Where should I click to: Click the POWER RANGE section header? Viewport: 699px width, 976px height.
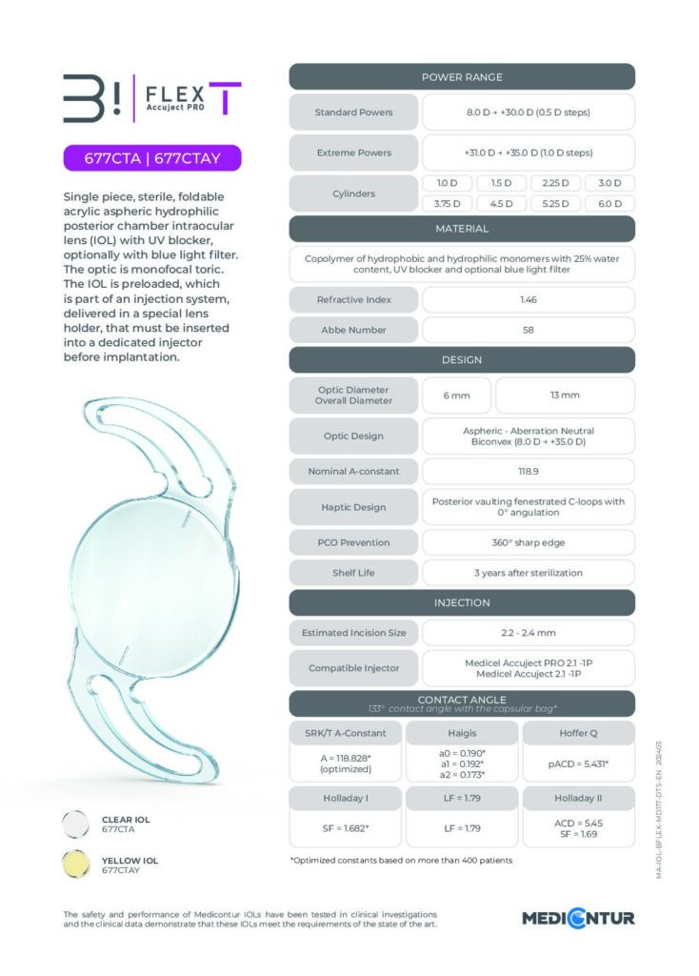462,77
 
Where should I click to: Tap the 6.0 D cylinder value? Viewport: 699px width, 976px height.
609,203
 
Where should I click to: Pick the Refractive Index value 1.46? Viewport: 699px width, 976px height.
528,299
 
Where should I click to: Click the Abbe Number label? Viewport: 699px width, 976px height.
353,330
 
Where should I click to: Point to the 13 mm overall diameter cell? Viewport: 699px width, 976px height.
565,395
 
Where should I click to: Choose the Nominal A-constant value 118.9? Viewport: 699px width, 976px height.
528,471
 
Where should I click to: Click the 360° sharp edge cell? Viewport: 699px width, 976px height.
528,542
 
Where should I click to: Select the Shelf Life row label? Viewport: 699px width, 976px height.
353,573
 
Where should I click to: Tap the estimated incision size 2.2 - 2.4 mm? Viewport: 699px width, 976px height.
528,632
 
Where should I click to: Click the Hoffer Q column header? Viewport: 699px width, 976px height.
578,732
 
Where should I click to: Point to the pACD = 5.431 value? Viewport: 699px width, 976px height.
578,763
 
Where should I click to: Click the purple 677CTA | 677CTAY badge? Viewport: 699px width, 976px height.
152,158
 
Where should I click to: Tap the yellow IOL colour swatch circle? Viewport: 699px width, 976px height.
77,864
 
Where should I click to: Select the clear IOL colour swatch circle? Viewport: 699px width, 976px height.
77,823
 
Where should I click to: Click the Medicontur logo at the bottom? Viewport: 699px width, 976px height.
578,919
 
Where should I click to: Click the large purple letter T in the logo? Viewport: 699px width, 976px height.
226,98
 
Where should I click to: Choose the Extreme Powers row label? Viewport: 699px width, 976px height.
353,152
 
